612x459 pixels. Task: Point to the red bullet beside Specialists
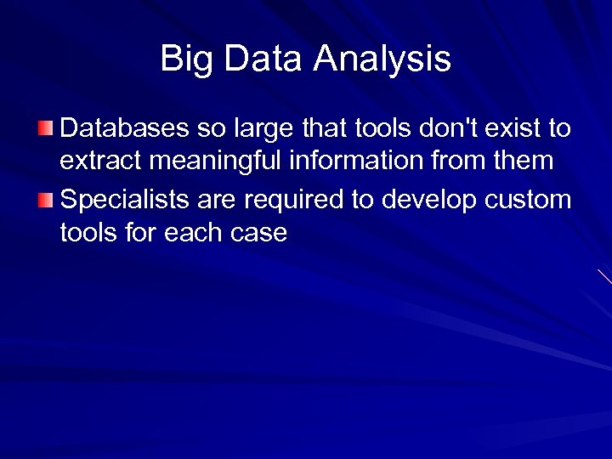coord(45,201)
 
